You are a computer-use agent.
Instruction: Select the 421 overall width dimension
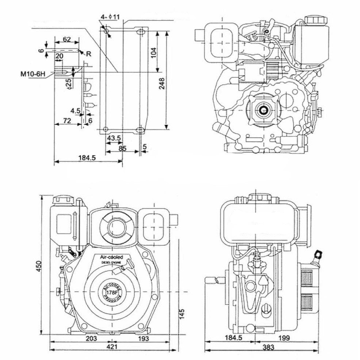point(110,347)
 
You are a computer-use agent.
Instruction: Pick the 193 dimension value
point(143,338)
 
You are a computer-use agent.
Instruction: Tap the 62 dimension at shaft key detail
point(66,39)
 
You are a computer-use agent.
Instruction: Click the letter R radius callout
point(88,54)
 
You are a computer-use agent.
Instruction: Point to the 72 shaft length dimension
point(66,120)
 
